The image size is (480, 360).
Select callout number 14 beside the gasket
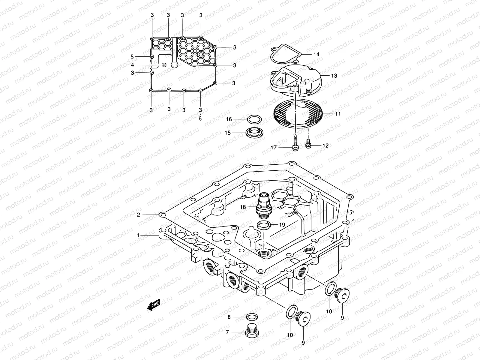[x=316, y=54]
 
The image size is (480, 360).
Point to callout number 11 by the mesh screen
[x=330, y=114]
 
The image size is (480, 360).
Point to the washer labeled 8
[x=252, y=317]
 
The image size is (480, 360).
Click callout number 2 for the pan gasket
[x=138, y=215]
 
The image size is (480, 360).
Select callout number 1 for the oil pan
[x=138, y=235]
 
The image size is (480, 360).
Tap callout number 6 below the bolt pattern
[x=200, y=118]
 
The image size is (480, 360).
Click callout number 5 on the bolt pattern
[x=132, y=56]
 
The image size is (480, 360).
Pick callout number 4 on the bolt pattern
[x=132, y=65]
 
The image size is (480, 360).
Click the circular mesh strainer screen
[x=299, y=114]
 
